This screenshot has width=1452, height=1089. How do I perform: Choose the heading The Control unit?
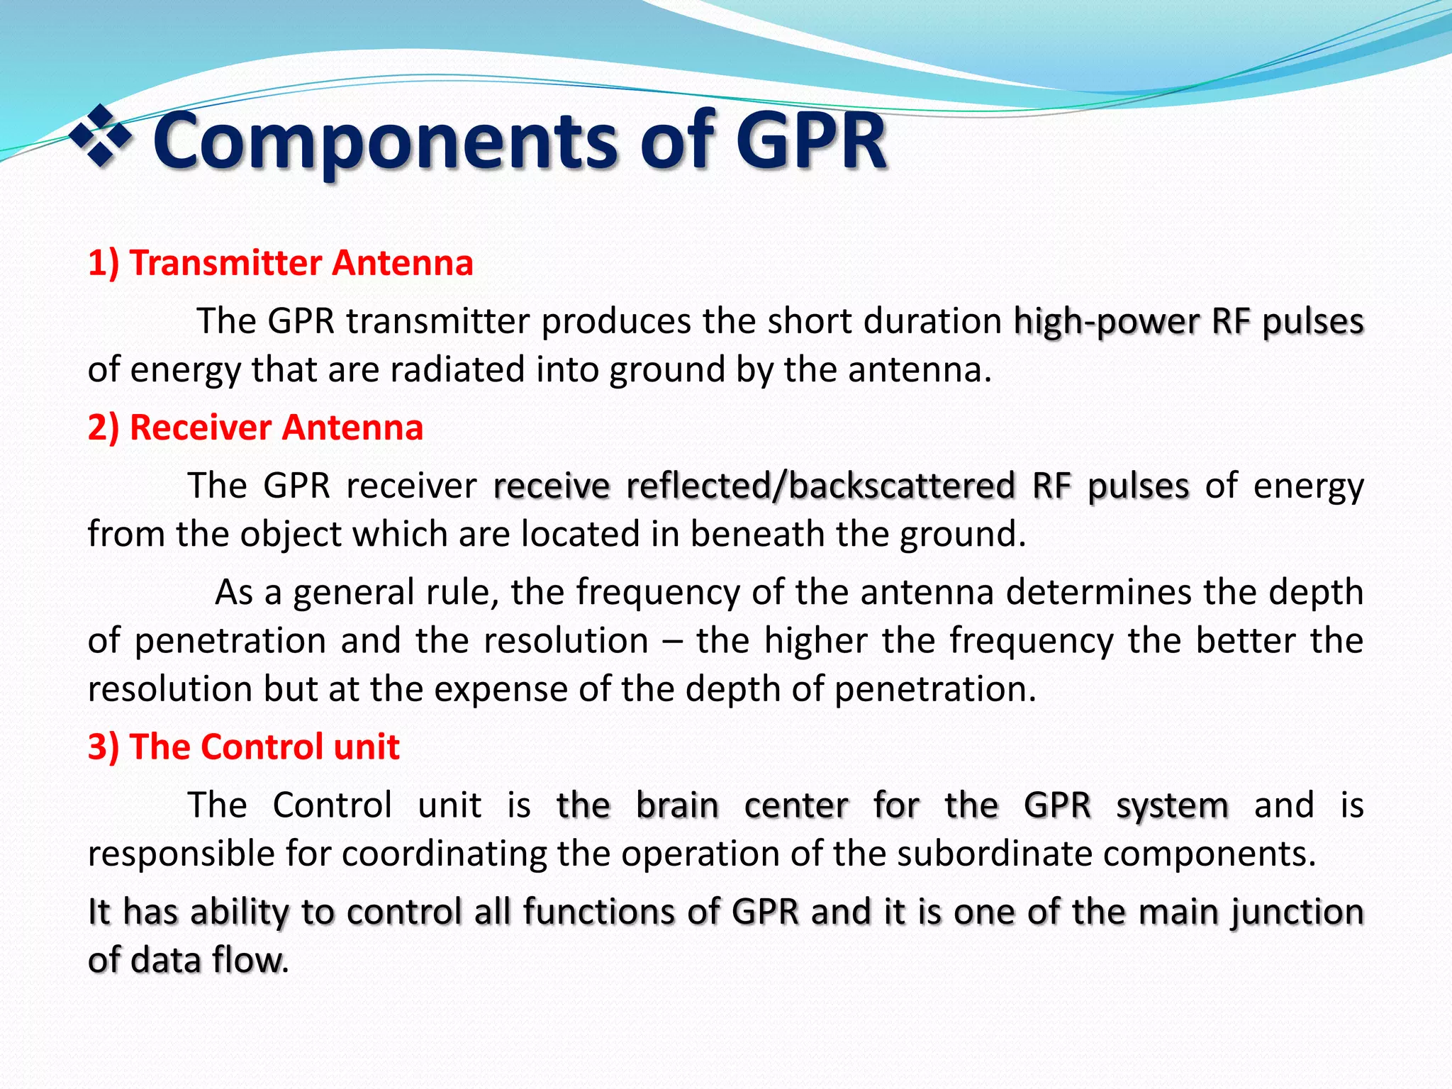tap(243, 747)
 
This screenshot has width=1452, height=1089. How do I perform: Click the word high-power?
tap(1105, 321)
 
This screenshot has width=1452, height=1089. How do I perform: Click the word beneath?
tap(756, 534)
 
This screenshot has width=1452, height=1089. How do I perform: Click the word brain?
tap(677, 805)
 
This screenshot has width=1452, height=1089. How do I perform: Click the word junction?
tap(1297, 912)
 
